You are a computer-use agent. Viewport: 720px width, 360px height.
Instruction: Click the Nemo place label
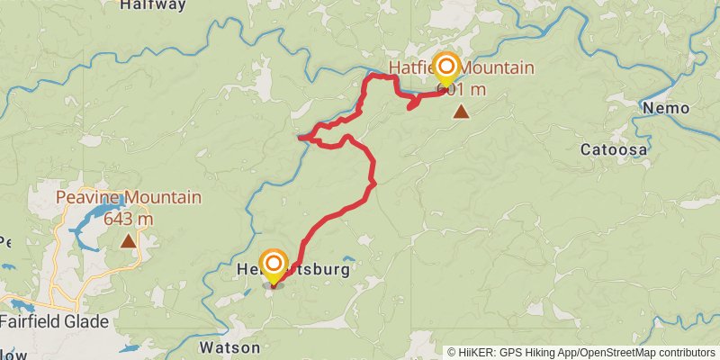666,109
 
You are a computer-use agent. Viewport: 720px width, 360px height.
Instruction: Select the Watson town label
229,347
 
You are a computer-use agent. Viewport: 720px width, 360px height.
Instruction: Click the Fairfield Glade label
55,321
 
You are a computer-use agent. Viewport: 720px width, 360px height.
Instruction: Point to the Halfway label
153,5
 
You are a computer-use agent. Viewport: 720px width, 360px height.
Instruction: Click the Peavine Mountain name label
129,198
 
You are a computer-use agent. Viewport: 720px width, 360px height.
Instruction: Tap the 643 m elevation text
129,218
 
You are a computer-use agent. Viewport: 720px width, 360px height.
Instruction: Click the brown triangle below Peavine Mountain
130,240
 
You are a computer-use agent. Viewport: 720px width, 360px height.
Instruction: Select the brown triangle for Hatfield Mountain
461,112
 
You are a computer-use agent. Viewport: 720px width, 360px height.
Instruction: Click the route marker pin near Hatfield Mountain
445,67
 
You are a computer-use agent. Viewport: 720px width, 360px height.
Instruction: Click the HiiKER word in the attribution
476,352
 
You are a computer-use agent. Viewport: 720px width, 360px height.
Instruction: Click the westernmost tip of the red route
300,138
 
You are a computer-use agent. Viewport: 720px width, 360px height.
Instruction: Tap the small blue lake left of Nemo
655,96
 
